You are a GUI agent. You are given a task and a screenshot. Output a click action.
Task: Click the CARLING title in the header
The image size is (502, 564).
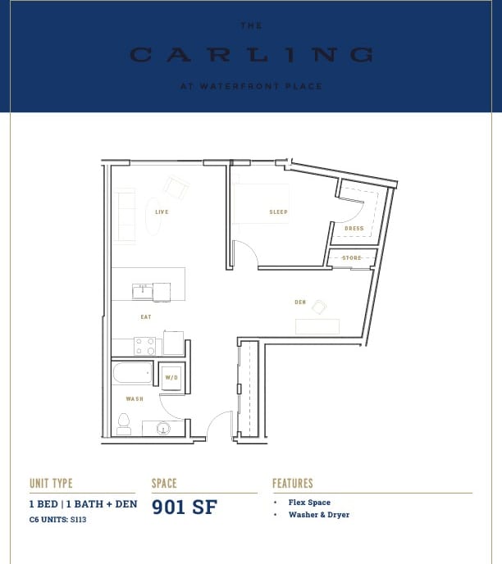pyautogui.click(x=251, y=55)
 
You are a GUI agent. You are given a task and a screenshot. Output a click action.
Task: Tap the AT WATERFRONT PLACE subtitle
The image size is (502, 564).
pyautogui.click(x=251, y=86)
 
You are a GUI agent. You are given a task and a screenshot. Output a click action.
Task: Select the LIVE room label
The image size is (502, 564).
pyautogui.click(x=162, y=211)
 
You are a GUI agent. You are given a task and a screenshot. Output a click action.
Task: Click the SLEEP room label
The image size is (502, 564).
pyautogui.click(x=279, y=211)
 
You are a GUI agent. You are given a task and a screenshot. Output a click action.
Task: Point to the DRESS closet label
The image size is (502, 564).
pyautogui.click(x=354, y=229)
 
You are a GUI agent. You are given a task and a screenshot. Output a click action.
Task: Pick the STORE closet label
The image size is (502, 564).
pyautogui.click(x=352, y=258)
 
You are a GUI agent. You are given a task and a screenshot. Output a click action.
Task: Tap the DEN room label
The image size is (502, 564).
pyautogui.click(x=300, y=302)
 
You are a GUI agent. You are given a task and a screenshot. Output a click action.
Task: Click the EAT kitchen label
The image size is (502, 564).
pyautogui.click(x=145, y=316)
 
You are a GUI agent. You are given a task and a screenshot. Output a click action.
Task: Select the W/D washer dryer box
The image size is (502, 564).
pyautogui.click(x=171, y=377)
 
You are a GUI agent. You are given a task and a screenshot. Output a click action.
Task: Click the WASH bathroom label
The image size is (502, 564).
pyautogui.click(x=135, y=399)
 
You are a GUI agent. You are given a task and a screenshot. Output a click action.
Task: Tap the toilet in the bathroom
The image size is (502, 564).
pyautogui.click(x=124, y=424)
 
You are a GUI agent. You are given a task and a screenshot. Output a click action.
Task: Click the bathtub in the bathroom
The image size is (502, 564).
pyautogui.click(x=133, y=373)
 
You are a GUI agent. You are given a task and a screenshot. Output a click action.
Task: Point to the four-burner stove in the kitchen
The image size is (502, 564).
pyautogui.click(x=144, y=346)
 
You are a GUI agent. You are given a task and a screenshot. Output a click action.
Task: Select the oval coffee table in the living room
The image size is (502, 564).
pyautogui.click(x=153, y=216)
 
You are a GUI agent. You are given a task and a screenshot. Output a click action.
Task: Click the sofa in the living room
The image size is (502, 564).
pyautogui.click(x=125, y=216)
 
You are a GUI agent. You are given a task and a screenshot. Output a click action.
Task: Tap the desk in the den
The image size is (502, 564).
pyautogui.click(x=317, y=326)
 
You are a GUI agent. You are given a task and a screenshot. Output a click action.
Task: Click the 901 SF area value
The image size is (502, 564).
pyautogui.click(x=185, y=507)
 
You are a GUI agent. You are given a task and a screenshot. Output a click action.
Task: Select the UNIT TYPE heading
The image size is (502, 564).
pyautogui.click(x=51, y=484)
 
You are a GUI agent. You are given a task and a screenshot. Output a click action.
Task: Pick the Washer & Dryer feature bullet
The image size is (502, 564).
pyautogui.click(x=318, y=515)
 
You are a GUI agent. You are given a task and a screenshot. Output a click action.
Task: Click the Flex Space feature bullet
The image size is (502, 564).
pyautogui.click(x=308, y=502)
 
